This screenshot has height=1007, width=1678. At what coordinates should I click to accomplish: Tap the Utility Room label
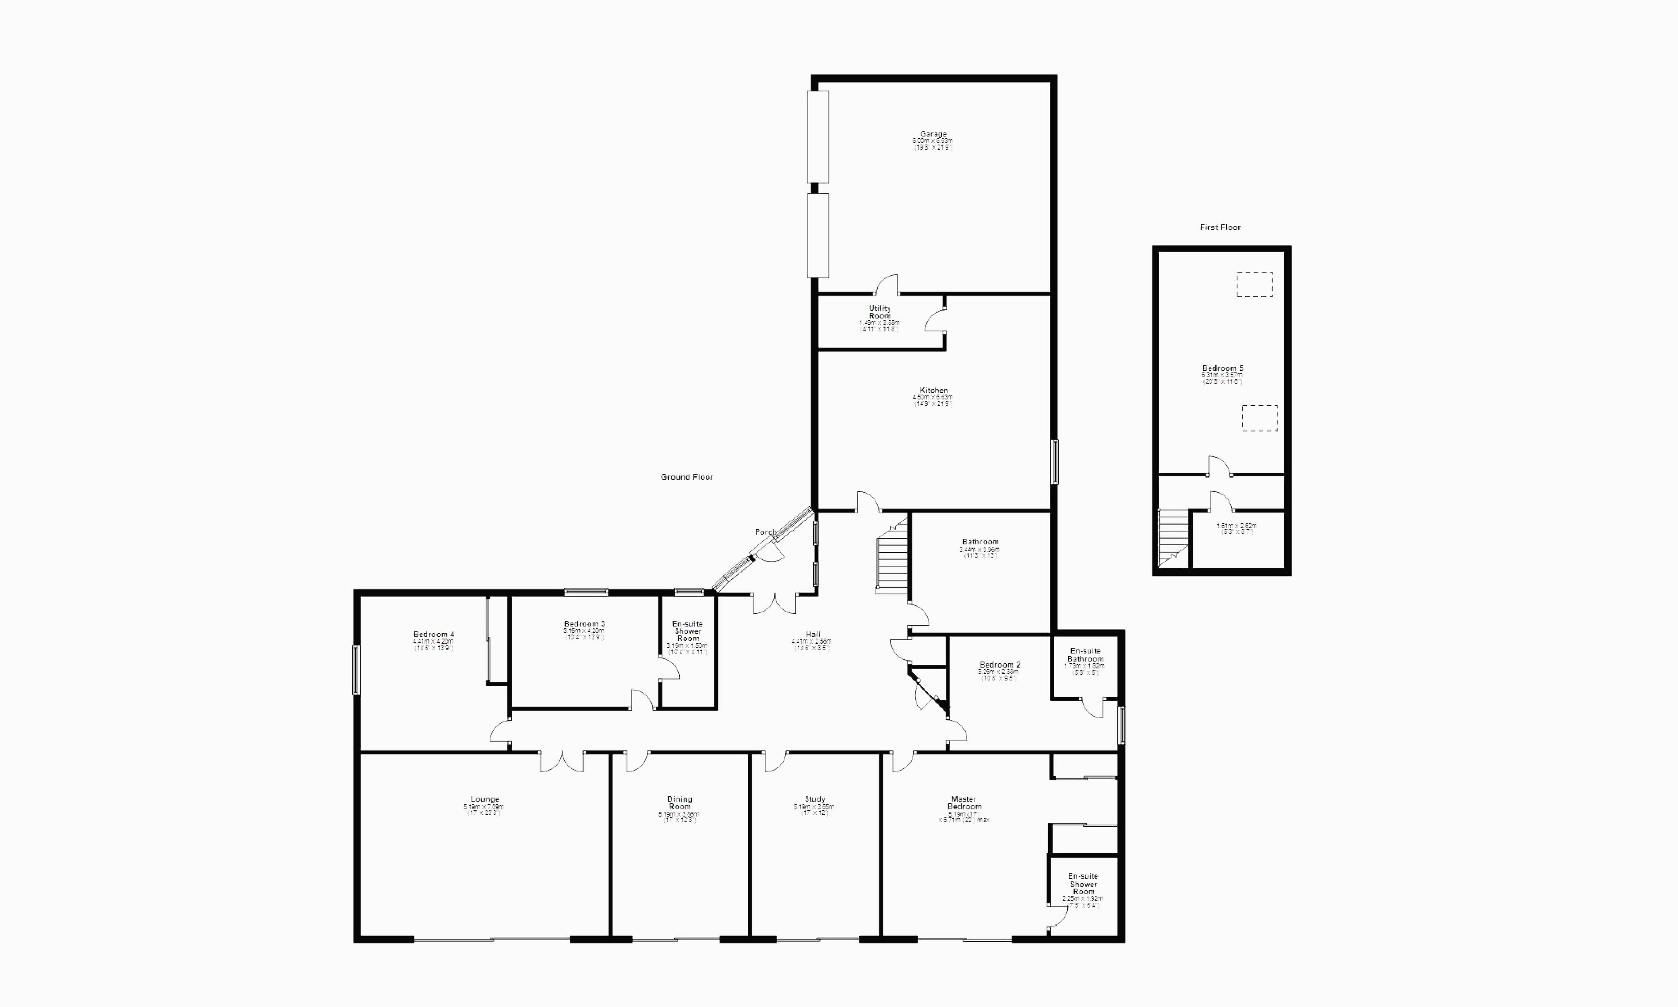[x=879, y=312]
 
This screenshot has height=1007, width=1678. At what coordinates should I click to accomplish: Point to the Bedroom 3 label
[x=584, y=624]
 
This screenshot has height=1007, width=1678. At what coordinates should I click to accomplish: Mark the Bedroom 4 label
[x=434, y=635]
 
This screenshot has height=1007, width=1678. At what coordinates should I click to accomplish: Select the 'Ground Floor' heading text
[x=687, y=478]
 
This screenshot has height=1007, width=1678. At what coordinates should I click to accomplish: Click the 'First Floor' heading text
[x=1220, y=227]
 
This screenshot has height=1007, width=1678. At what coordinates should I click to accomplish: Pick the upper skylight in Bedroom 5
[x=1254, y=284]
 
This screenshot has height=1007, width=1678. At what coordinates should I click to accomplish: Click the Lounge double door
[x=562, y=761]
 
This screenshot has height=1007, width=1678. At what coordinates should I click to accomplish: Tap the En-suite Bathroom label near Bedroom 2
[x=1085, y=655]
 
